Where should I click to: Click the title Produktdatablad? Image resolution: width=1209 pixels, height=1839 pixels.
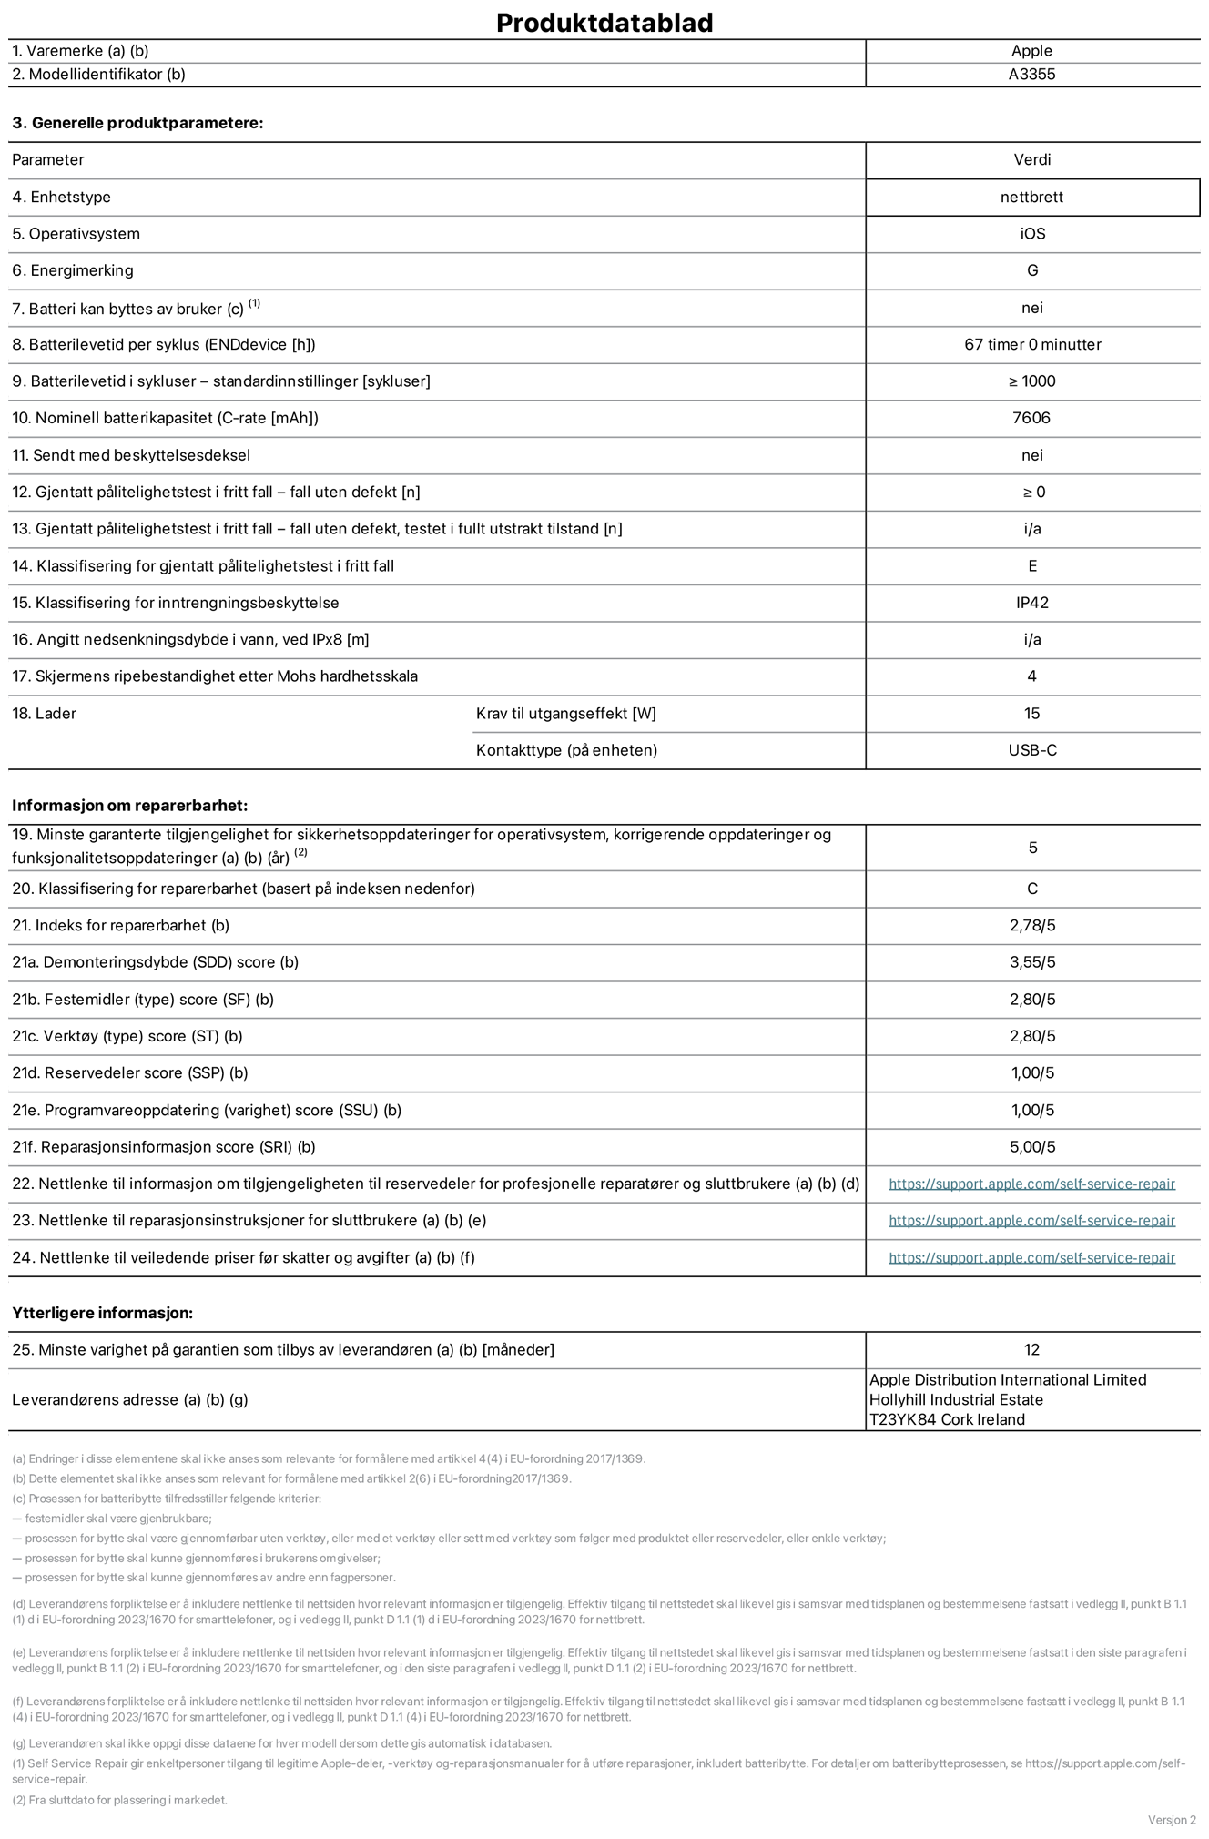coord(604,23)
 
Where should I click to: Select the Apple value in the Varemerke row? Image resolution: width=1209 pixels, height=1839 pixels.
coord(1031,51)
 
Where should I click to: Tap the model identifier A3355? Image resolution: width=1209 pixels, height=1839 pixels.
coord(1031,75)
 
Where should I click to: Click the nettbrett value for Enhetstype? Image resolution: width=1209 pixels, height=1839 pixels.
coord(1031,197)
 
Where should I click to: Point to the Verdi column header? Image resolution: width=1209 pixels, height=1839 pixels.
coord(1031,159)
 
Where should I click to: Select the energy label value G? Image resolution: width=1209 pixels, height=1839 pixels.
coord(1031,270)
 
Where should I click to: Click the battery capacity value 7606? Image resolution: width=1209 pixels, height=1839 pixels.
coord(1031,418)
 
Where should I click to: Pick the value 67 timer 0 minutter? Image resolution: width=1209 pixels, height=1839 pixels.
coord(1031,344)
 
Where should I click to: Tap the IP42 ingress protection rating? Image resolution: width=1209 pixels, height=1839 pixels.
coord(1031,603)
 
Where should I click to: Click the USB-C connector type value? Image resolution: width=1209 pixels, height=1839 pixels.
coord(1031,750)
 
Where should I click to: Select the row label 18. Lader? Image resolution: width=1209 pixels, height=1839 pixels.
coord(44,714)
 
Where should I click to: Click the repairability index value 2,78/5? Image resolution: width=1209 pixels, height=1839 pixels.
coord(1031,925)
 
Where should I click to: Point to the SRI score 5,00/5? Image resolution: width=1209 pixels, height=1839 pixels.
coord(1031,1147)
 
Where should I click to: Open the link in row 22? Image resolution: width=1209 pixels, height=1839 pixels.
coord(1031,1184)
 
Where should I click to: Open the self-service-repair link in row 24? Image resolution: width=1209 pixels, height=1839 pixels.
coord(1031,1257)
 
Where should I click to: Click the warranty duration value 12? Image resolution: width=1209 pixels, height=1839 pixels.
coord(1031,1349)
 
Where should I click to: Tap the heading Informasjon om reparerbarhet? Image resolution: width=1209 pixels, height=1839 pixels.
coord(129,806)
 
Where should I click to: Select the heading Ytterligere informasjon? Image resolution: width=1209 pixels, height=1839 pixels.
coord(102,1313)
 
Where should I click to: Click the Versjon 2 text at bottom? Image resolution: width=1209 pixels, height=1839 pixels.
coord(1172,1820)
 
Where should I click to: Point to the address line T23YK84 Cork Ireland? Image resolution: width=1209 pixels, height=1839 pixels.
coord(947,1419)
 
